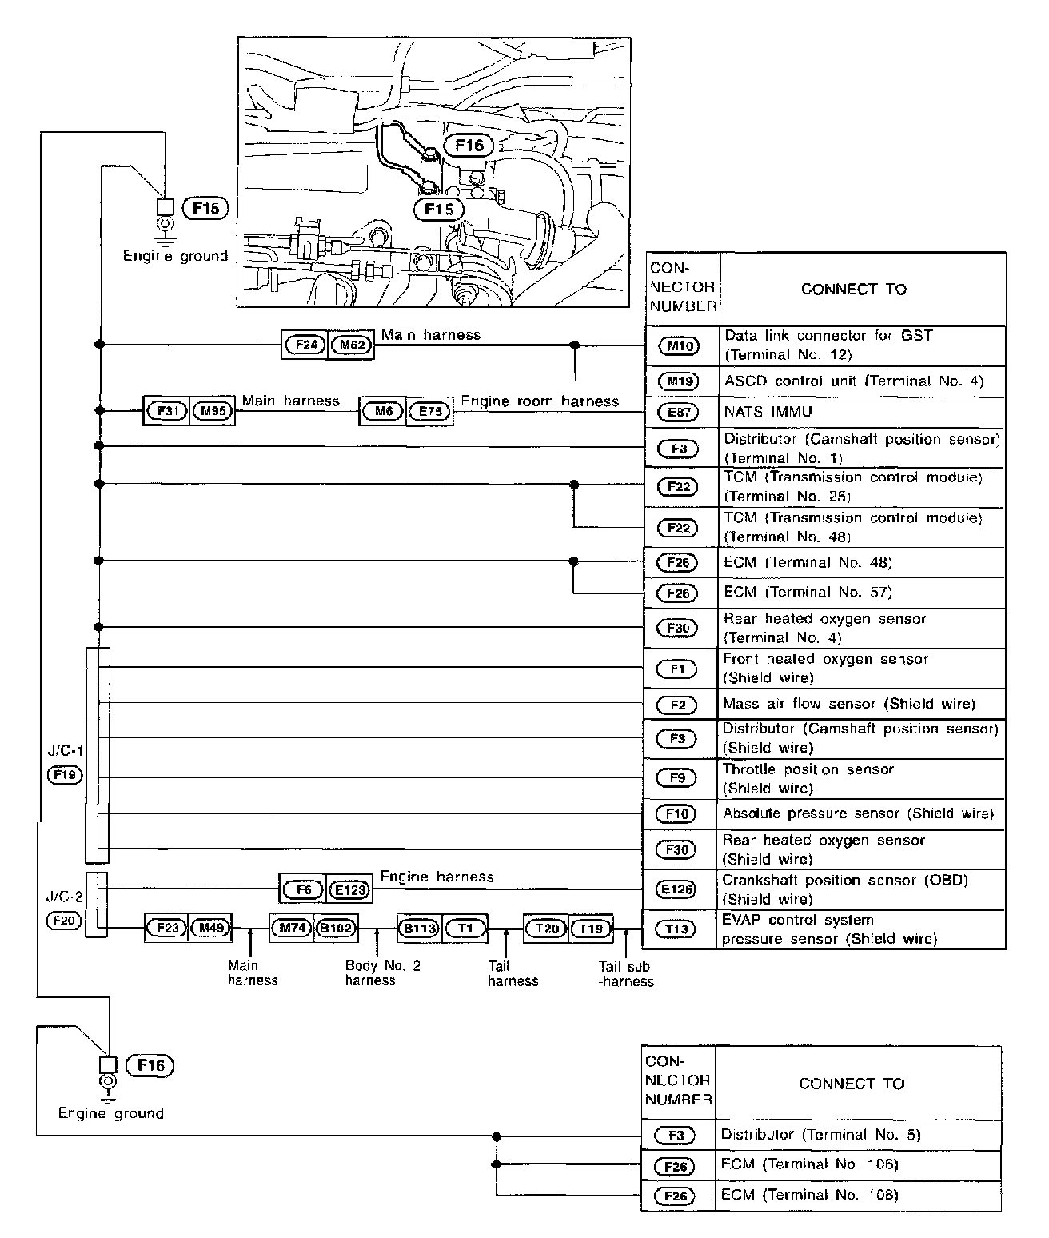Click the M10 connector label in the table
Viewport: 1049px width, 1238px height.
[x=678, y=345]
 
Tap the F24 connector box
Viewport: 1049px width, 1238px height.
[x=305, y=345]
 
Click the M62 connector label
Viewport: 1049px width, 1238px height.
[x=351, y=345]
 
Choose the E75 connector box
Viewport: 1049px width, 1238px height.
[x=429, y=412]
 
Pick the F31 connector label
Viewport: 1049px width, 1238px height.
[x=166, y=412]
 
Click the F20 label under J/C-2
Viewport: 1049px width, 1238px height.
[x=64, y=921]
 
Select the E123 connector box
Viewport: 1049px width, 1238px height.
[x=349, y=889]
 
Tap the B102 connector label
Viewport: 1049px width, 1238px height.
[x=337, y=928]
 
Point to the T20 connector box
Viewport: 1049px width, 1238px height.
[x=546, y=928]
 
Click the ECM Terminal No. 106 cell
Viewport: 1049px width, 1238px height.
[x=809, y=1164]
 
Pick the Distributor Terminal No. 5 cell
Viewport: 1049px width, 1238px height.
[x=820, y=1134]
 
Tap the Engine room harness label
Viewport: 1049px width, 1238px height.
[x=540, y=401]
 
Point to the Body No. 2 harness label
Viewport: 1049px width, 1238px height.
[x=382, y=972]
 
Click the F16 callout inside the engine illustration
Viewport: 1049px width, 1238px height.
[x=469, y=145]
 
